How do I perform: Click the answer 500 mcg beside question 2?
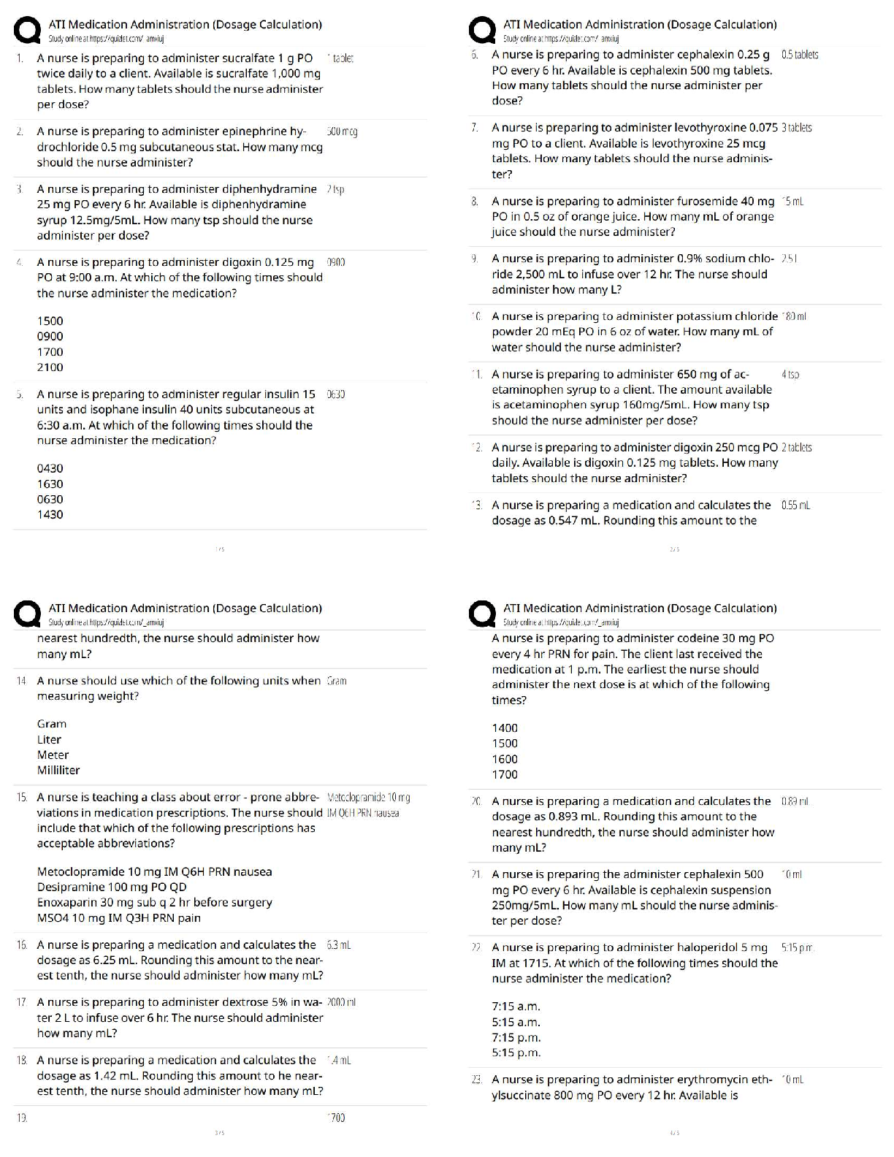[342, 132]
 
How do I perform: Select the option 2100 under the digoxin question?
[50, 367]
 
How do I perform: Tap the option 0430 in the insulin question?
[50, 468]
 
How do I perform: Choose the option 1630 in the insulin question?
[50, 484]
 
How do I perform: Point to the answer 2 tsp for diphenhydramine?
[335, 190]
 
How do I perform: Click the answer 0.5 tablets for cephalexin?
[799, 55]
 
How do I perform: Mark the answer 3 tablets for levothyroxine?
[796, 128]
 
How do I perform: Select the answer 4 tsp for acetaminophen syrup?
[790, 375]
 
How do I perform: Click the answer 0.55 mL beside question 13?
[795, 505]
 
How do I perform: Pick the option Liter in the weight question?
[49, 739]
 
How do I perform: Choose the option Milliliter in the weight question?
[58, 770]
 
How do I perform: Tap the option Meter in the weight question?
[53, 755]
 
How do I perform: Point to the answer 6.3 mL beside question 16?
[339, 945]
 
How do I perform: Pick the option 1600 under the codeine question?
[505, 759]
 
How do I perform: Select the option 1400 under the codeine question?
[505, 728]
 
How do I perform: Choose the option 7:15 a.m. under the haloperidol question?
[516, 1007]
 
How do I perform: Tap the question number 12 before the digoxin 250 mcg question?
[476, 447]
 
